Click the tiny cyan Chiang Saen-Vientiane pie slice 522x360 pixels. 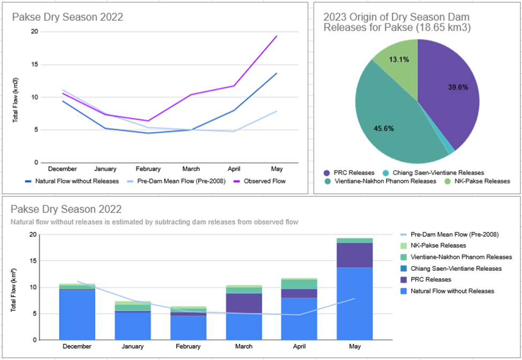tap(451, 151)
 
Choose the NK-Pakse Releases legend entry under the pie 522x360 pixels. tap(478, 181)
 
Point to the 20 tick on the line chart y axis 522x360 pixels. tap(35, 32)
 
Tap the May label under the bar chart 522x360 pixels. tap(355, 347)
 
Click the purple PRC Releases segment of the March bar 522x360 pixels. tap(244, 303)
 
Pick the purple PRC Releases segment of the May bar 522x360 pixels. tap(355, 255)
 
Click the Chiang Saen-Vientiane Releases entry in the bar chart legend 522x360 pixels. tap(456, 268)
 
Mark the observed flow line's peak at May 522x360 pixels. tap(277, 36)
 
